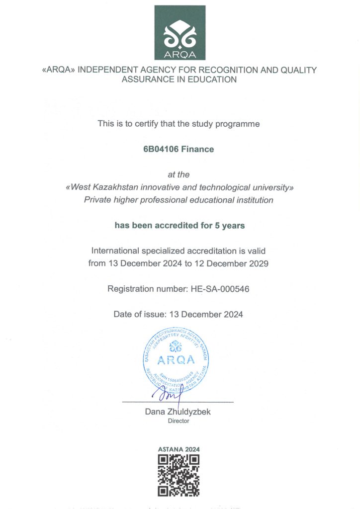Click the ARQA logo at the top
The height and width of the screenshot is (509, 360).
coord(180,33)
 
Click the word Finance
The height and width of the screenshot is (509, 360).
coord(198,149)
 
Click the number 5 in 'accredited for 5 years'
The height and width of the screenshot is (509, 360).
coord(217,226)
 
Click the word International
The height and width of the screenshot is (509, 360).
coord(115,251)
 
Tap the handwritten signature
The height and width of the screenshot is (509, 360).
coord(169,394)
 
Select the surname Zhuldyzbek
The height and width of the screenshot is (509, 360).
coord(191,412)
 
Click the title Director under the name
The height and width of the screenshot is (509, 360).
coord(179,421)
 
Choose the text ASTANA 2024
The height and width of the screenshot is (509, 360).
coord(179,449)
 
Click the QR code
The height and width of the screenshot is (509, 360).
coord(179,476)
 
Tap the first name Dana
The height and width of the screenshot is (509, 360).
coord(155,412)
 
